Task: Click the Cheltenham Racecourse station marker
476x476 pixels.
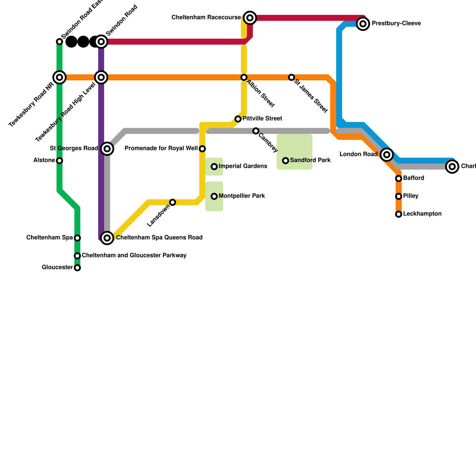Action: pyautogui.click(x=250, y=18)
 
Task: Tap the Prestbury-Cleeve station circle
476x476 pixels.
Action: pyautogui.click(x=363, y=24)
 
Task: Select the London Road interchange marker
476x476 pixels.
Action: pyautogui.click(x=386, y=154)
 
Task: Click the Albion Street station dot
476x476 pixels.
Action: pyautogui.click(x=244, y=77)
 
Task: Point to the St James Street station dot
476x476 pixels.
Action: pyautogui.click(x=292, y=77)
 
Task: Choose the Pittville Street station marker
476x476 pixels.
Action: pyautogui.click(x=238, y=119)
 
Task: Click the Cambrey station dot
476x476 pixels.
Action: pyautogui.click(x=256, y=131)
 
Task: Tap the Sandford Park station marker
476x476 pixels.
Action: pyautogui.click(x=286, y=161)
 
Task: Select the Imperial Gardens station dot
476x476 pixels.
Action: pyautogui.click(x=214, y=167)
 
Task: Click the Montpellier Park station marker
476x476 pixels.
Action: pyautogui.click(x=214, y=196)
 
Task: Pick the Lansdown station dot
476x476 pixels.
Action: pyautogui.click(x=173, y=202)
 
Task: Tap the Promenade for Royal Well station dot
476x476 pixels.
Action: pyautogui.click(x=202, y=149)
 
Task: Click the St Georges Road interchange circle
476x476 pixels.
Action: pyautogui.click(x=107, y=148)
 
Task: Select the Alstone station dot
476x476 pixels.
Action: pyautogui.click(x=59, y=161)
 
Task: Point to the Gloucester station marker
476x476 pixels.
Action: pyautogui.click(x=77, y=268)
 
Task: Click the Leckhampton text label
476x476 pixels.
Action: pyautogui.click(x=422, y=214)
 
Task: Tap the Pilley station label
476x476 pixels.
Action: pyautogui.click(x=411, y=196)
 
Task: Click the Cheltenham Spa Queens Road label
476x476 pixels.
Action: pyautogui.click(x=159, y=238)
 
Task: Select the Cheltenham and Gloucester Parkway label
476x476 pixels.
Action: pyautogui.click(x=134, y=256)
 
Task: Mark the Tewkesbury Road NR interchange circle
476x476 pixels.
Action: pyautogui.click(x=59, y=77)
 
